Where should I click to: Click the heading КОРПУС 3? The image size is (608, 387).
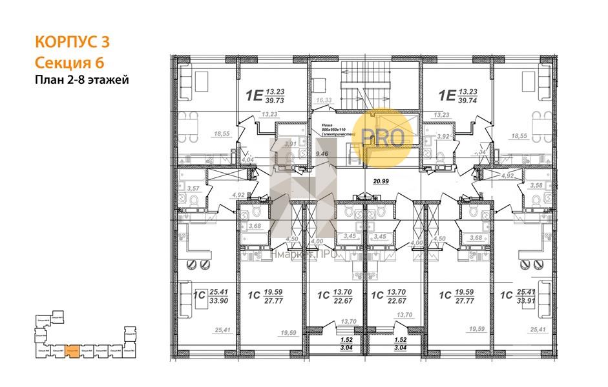[x=71, y=43]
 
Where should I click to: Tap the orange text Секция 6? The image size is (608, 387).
[x=68, y=62]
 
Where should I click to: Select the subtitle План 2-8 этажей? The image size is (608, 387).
[x=82, y=80]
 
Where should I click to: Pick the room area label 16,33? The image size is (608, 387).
[x=323, y=100]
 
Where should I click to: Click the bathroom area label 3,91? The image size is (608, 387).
[x=290, y=144]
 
